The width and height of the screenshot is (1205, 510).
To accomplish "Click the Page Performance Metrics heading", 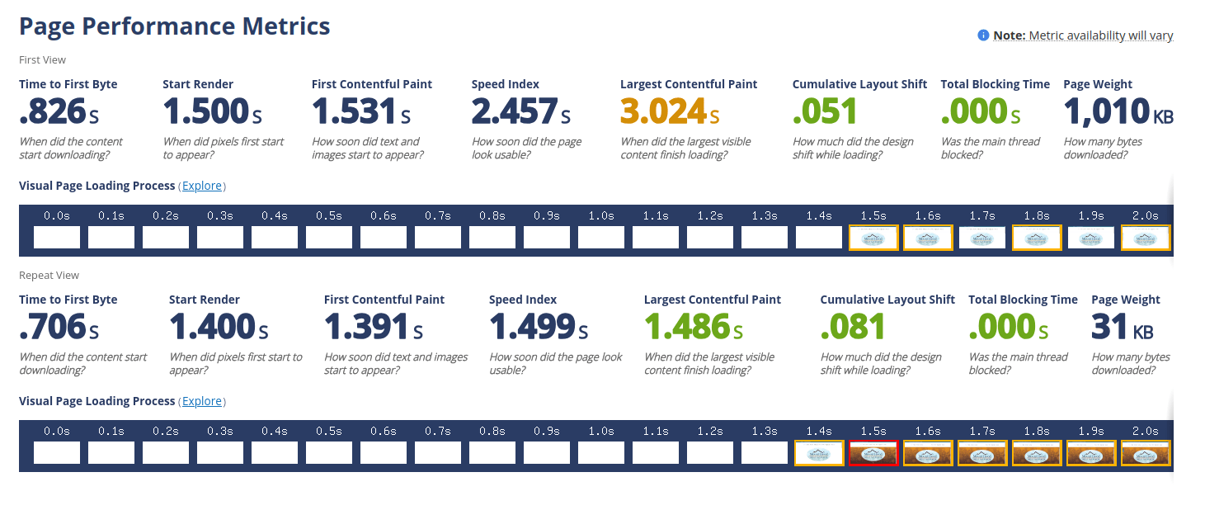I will point(174,26).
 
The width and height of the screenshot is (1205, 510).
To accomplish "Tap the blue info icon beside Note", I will point(983,35).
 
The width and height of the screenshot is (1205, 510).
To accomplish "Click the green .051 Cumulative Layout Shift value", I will point(825,111).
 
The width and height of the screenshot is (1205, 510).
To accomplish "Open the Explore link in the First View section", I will point(202,186).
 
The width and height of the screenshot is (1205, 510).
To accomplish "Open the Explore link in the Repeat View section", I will point(202,401).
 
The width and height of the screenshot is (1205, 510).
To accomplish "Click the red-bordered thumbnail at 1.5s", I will point(873,453).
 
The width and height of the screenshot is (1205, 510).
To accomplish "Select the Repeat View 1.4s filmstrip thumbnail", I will point(819,453).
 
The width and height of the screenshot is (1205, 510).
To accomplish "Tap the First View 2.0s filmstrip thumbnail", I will point(1146,238).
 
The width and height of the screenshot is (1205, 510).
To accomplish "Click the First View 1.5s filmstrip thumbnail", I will point(873,238).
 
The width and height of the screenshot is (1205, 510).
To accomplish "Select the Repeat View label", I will point(49,275).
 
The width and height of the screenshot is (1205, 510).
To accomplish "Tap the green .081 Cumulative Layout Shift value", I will point(853,327).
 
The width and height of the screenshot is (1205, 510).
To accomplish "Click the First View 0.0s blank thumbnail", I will point(57,238).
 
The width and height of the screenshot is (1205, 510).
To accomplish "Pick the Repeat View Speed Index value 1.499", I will point(532,327).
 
